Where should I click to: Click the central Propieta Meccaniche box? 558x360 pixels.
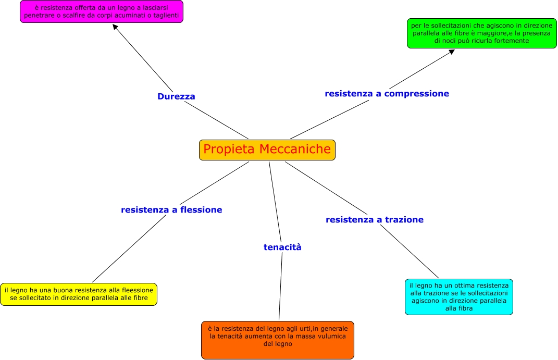coord(267,150)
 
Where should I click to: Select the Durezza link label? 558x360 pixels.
coord(176,96)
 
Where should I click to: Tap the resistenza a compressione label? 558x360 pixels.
coord(387,94)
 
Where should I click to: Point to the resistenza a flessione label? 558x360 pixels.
coord(171,210)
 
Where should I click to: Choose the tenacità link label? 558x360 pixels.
coord(282,247)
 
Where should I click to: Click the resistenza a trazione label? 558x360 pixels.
coord(375,220)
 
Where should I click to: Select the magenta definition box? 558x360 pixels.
coord(102,11)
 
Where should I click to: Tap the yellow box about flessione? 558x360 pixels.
coord(79,294)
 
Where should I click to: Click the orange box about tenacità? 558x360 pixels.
coord(278,340)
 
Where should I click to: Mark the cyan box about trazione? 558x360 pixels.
coord(458,297)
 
